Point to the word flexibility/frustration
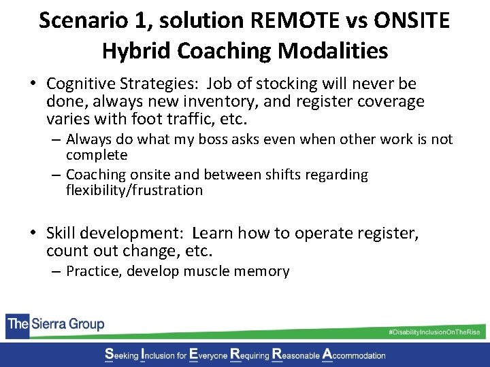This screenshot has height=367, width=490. pyautogui.click(x=134, y=190)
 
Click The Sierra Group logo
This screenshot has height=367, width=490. pyautogui.click(x=56, y=324)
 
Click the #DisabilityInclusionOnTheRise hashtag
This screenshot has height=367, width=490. pyautogui.click(x=434, y=331)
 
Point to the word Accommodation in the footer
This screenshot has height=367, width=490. pyautogui.click(x=358, y=355)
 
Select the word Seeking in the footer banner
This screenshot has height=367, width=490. pyautogui.click(x=120, y=355)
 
